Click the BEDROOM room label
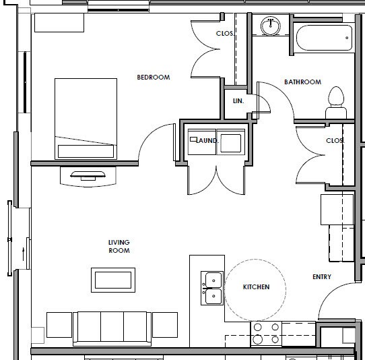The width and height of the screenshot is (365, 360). point(153,78)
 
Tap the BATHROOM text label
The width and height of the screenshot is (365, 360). point(302,82)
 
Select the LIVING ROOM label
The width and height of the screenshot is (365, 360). point(119,246)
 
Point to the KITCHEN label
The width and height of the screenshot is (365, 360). point(256,287)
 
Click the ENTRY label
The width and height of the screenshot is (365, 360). point(322,277)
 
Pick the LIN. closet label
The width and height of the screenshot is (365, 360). point(237,100)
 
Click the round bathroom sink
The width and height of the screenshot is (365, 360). point(271,26)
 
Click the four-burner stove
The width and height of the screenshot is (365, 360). point(265,333)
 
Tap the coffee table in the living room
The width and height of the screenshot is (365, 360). point(115,278)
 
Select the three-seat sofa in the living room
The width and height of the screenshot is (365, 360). point(112,327)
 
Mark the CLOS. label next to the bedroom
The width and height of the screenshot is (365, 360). point(224,34)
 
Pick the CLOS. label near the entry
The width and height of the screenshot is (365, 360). point(335,141)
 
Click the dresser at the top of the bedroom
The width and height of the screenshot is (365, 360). point(59,22)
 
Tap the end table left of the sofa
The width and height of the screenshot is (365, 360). point(59,324)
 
